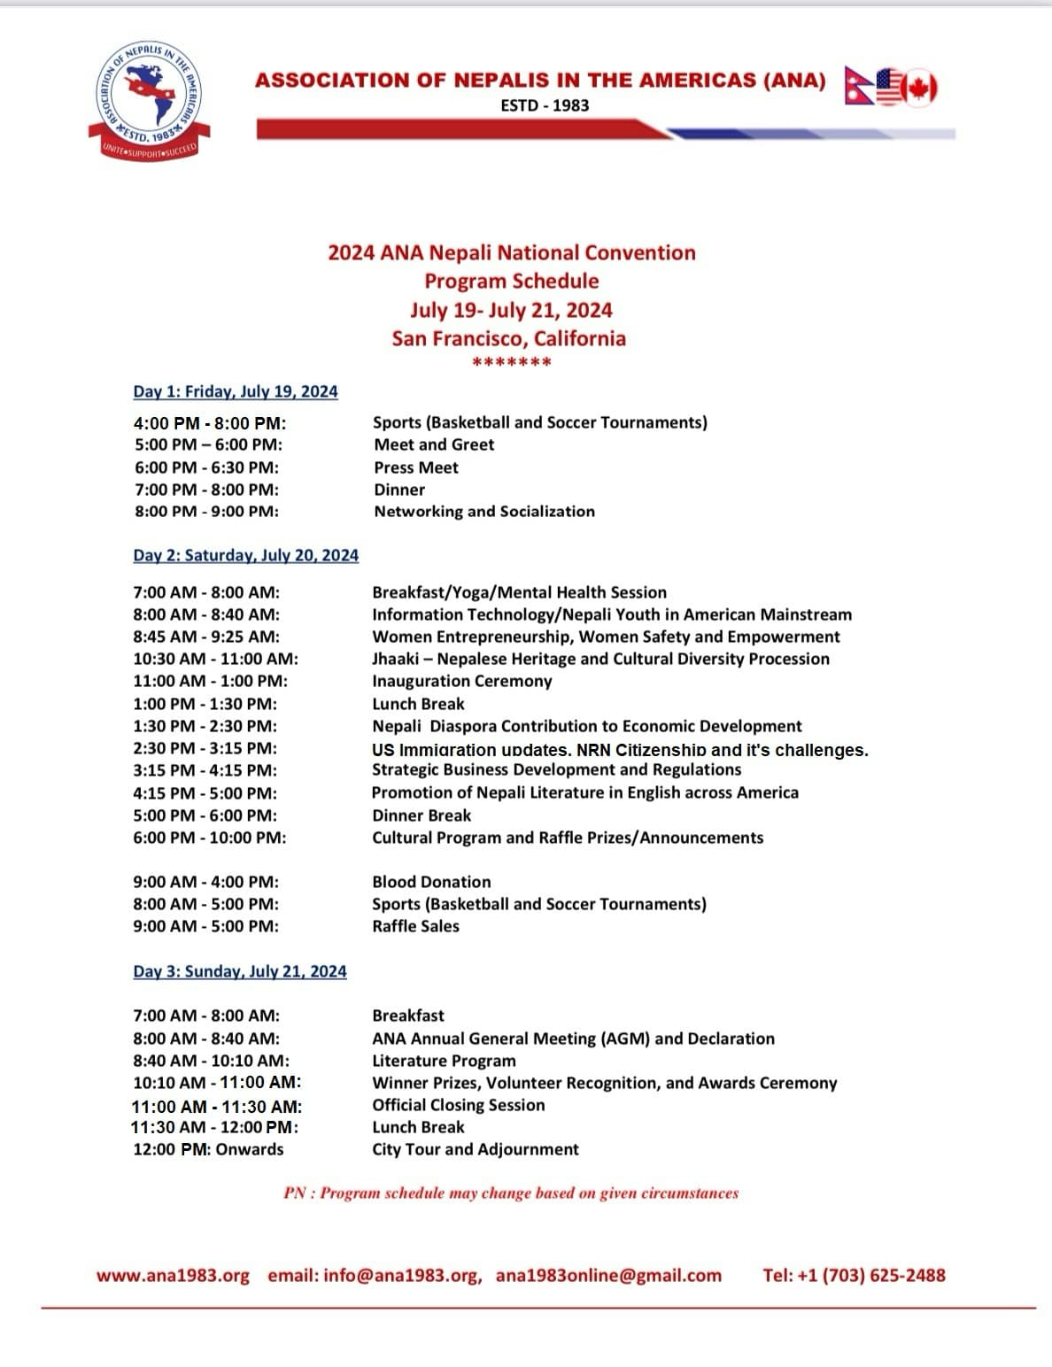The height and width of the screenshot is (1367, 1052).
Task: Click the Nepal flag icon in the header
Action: pyautogui.click(x=858, y=85)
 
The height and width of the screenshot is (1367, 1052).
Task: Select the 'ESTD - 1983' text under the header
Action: pyautogui.click(x=545, y=105)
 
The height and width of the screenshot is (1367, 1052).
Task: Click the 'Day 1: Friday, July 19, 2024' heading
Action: pyautogui.click(x=236, y=391)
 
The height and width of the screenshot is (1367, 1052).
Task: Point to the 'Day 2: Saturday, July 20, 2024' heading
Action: pyautogui.click(x=246, y=555)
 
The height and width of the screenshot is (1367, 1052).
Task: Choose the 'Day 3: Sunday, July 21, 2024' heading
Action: pyautogui.click(x=240, y=971)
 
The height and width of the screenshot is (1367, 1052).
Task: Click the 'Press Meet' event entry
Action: pyautogui.click(x=416, y=467)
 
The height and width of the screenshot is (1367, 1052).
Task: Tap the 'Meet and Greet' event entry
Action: pyautogui.click(x=434, y=444)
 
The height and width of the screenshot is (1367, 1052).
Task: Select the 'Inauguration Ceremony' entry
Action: pyautogui.click(x=461, y=681)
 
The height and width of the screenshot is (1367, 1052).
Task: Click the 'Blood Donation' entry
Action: pyautogui.click(x=431, y=882)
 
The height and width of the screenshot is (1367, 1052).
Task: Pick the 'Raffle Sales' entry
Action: pyautogui.click(x=415, y=926)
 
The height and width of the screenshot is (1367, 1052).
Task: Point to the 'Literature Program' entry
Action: pyautogui.click(x=444, y=1061)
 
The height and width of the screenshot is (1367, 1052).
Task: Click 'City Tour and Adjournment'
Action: pyautogui.click(x=476, y=1149)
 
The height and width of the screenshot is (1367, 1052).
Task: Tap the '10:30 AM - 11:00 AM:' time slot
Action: pyautogui.click(x=216, y=659)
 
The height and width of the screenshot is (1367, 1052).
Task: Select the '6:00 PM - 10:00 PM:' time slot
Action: pyautogui.click(x=210, y=838)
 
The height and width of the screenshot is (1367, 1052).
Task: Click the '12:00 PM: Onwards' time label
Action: pyautogui.click(x=209, y=1149)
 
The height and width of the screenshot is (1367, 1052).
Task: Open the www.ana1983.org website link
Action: pyautogui.click(x=173, y=1276)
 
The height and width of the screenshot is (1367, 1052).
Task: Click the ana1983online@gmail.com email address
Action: pyautogui.click(x=608, y=1276)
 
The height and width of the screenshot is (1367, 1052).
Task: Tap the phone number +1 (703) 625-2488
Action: pyautogui.click(x=854, y=1276)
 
